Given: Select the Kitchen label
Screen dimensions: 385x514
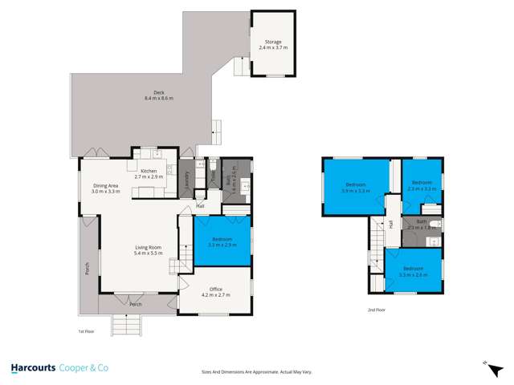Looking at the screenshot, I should tap(149, 173).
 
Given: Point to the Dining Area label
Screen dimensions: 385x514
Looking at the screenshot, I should tap(105, 188).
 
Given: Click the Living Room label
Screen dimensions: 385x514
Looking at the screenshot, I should tap(147, 250).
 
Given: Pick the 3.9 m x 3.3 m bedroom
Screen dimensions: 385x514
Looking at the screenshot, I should tap(355, 188).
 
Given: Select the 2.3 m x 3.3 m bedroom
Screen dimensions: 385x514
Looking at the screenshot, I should tap(422, 185).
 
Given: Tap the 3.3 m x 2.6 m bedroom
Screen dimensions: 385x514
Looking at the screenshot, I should tap(413, 270).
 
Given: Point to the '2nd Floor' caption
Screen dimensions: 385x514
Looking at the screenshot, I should tap(377, 310).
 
